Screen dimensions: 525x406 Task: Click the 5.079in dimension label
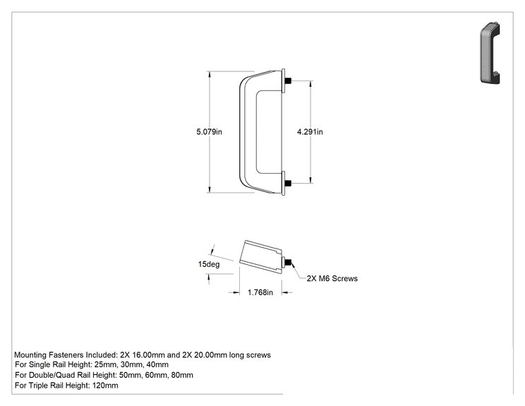209,131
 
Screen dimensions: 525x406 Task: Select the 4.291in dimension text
310,131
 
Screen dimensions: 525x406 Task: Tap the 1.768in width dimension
260,292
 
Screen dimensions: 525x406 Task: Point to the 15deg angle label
209,264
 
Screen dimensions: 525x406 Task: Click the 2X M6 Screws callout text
332,278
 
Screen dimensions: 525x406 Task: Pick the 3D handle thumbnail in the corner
490,53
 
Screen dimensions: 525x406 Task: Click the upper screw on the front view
288,80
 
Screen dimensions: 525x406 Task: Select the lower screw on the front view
288,184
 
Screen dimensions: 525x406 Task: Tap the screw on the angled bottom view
288,262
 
